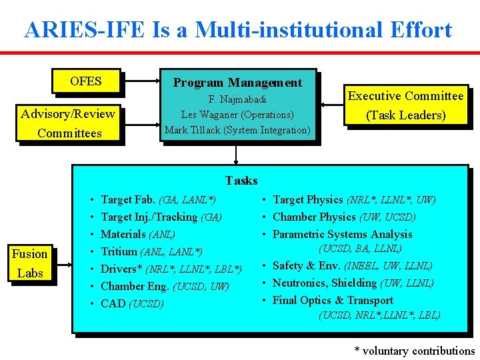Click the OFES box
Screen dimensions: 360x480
coord(86,81)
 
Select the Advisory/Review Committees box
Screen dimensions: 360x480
coord(69,123)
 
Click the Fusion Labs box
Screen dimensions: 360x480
coord(30,263)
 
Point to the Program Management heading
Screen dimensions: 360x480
coord(237,83)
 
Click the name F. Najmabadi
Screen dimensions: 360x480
coord(237,99)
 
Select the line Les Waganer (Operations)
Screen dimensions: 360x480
coord(237,115)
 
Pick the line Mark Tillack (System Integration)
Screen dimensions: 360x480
coord(237,130)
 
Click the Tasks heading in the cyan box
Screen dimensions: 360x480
coord(241,180)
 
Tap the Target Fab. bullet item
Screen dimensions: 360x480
coord(158,199)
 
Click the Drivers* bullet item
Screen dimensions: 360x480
coord(171,269)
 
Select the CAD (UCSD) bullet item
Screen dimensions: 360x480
coord(132,303)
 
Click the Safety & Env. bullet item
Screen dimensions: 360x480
coord(352,265)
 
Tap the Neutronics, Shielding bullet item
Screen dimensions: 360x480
coord(353,283)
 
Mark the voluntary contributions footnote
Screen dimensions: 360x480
coord(414,351)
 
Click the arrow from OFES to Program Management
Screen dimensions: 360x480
coord(140,81)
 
